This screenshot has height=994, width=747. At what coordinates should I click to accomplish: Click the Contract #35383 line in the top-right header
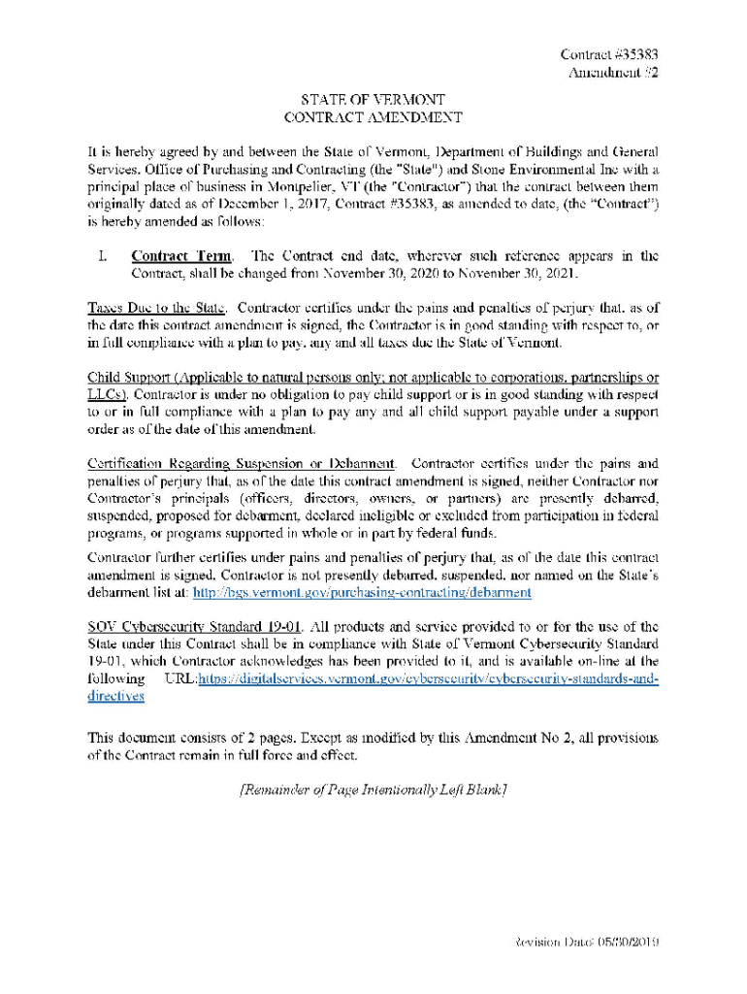click(611, 54)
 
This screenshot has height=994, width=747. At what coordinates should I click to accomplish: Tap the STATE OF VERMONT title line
click(373, 99)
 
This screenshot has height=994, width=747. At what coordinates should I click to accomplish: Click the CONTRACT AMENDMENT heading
click(373, 117)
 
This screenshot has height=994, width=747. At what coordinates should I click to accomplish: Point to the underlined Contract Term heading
click(181, 256)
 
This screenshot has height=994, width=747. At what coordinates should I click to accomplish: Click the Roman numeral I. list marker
click(102, 256)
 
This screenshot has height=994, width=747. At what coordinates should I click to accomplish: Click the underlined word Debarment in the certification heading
click(363, 463)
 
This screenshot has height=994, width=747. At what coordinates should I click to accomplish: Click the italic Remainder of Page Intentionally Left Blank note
click(373, 790)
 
